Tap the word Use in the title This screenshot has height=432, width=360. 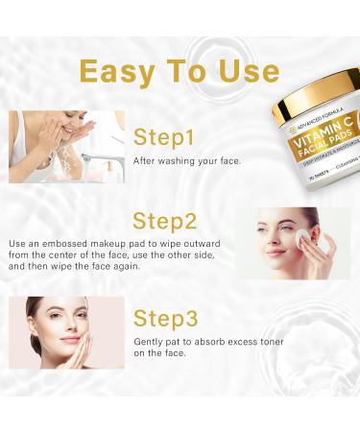(x=241, y=71)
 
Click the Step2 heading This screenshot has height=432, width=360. (x=166, y=222)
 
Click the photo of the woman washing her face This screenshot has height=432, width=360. (x=65, y=146)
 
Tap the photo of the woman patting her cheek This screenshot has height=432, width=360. (x=65, y=332)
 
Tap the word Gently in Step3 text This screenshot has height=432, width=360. (x=151, y=342)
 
